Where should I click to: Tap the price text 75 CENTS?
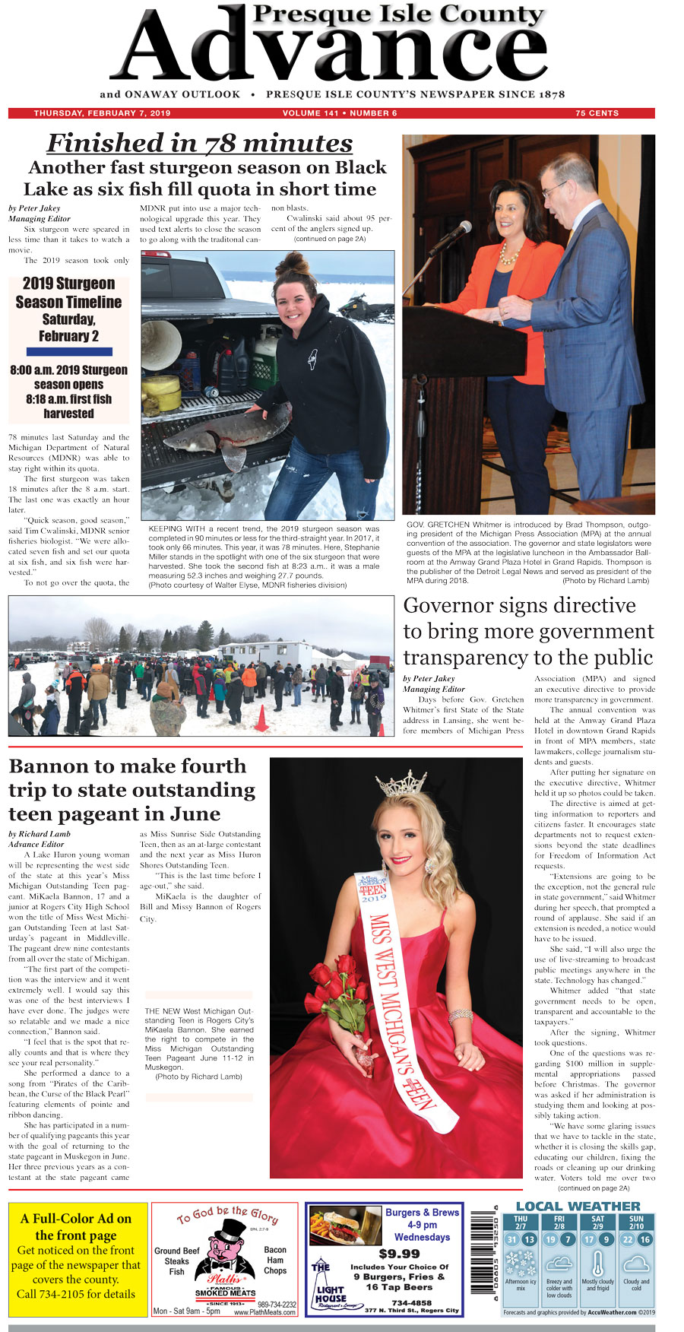[x=597, y=113]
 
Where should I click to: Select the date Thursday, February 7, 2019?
[x=102, y=113]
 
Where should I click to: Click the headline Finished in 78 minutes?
[x=200, y=143]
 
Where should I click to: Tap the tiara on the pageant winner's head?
[x=402, y=783]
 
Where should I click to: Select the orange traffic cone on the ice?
[x=261, y=718]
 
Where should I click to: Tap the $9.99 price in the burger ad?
[x=399, y=1254]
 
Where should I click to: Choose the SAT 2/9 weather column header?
[x=597, y=1223]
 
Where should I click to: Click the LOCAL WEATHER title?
[x=578, y=1207]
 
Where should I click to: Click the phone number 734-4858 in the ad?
[x=411, y=1302]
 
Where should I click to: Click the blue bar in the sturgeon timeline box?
[x=69, y=352]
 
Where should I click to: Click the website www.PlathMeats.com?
[x=264, y=1312]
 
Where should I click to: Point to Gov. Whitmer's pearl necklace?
[x=508, y=252]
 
